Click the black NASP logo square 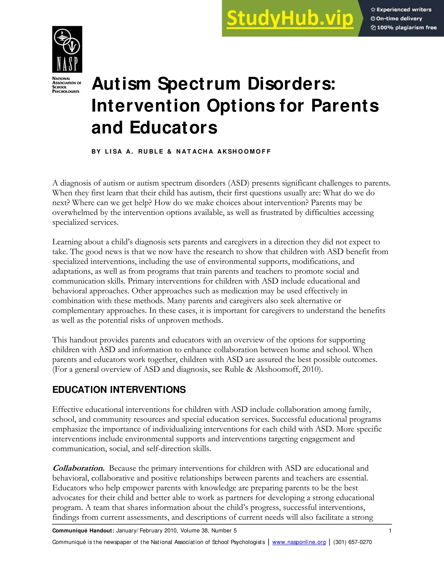(67, 49)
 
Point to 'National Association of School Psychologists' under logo (67, 85)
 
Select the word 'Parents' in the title (345, 106)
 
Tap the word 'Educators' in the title (173, 127)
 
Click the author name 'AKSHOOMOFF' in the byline (244, 152)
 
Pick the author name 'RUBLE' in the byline (151, 152)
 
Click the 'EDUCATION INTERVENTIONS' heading (119, 390)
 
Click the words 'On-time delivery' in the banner (399, 19)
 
